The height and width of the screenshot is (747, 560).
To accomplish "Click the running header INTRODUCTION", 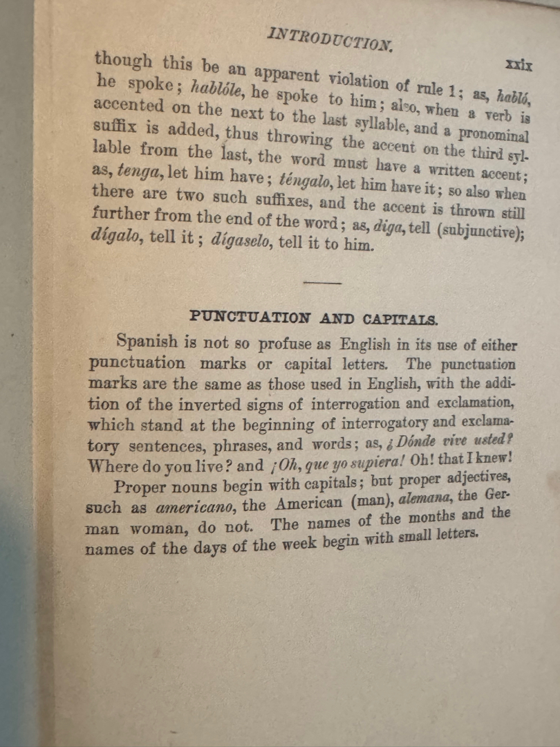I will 329,39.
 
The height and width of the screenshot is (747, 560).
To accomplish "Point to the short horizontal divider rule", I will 322,282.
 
